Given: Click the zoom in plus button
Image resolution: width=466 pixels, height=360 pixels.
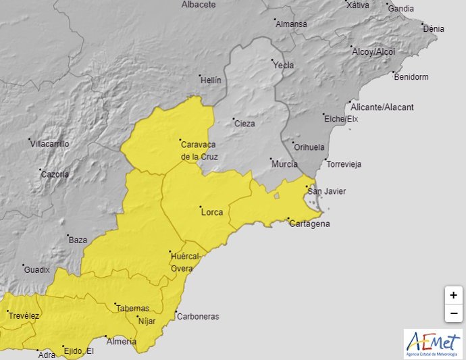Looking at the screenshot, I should tap(453, 295).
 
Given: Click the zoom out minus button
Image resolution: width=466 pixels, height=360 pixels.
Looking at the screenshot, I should tap(453, 313).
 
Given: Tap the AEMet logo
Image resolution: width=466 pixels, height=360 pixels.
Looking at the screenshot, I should tap(433, 343).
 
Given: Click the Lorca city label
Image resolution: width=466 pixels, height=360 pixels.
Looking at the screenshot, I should tap(212, 212).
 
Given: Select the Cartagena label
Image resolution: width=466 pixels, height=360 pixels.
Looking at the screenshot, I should tap(310, 224).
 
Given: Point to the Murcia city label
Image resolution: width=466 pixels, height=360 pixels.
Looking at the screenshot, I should tap(284, 164).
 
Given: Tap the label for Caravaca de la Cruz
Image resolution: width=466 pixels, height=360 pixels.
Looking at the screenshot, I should tap(199, 150).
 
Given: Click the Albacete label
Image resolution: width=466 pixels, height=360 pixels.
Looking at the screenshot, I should tap(199, 5).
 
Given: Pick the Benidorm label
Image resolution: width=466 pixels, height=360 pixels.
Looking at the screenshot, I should tap(411, 77).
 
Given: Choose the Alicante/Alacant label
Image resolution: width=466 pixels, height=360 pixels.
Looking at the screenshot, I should tap(382, 107).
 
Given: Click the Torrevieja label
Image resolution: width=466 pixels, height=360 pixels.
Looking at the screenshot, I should tap(344, 164).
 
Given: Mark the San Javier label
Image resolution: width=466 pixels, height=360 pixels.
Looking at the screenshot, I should tap(327, 191).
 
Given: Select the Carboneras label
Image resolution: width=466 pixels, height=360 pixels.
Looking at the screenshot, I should tap(197, 316).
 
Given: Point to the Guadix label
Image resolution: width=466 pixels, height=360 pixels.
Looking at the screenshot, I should tap(37, 269).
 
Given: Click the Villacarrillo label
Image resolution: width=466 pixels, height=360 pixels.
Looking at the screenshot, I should tap(49, 143).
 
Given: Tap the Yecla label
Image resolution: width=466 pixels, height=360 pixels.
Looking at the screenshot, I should tap(284, 66).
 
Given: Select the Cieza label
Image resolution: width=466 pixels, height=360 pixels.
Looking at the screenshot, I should tap(244, 124).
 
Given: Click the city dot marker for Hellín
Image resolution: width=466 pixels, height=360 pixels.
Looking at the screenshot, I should tap(199, 75).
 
